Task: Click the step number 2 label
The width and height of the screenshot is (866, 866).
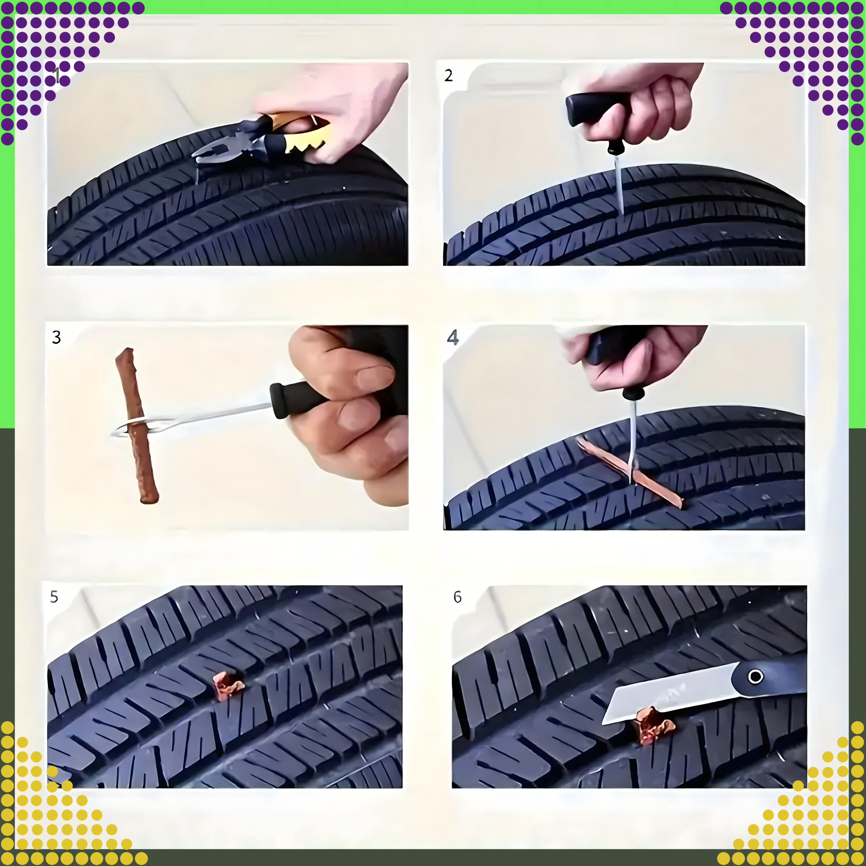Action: coord(448,75)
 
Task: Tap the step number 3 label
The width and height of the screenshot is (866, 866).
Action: coord(56,337)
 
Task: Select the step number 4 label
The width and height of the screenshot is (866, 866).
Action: coord(453,337)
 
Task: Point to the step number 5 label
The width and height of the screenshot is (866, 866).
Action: coord(54,597)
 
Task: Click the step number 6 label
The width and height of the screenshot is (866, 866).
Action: coord(457,597)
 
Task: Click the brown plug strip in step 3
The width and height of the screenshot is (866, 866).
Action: coord(137,426)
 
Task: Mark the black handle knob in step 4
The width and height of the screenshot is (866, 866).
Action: coord(633,393)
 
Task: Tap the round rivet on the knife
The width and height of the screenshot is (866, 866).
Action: coord(756,676)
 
